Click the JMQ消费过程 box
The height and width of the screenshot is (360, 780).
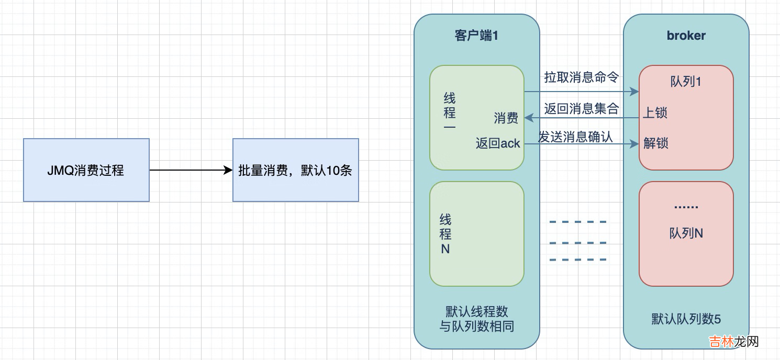(x=86, y=170)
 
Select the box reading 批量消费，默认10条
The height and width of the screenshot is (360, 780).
(x=295, y=170)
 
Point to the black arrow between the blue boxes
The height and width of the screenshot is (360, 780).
(x=191, y=170)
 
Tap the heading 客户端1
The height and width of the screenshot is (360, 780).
(x=476, y=36)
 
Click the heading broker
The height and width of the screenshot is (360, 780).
(x=686, y=36)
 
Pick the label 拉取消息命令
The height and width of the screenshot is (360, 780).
(x=582, y=78)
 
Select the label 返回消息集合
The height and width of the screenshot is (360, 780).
(x=582, y=109)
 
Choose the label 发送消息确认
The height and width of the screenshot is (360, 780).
(x=576, y=137)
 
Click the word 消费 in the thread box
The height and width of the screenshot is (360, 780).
(x=506, y=118)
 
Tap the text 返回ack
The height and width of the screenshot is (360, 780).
(x=498, y=143)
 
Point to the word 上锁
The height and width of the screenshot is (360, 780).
(x=655, y=113)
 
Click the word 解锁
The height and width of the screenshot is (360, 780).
(x=655, y=143)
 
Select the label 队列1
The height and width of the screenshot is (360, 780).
(x=686, y=82)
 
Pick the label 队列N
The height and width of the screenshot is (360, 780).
(x=686, y=233)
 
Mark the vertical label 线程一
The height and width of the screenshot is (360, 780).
(x=449, y=113)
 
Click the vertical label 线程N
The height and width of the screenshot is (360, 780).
(x=445, y=234)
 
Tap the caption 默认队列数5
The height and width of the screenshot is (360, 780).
(x=686, y=319)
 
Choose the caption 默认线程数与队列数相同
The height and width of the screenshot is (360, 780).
(x=476, y=319)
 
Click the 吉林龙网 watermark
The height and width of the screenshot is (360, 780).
(x=733, y=342)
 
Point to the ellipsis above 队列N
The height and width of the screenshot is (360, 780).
(x=686, y=207)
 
